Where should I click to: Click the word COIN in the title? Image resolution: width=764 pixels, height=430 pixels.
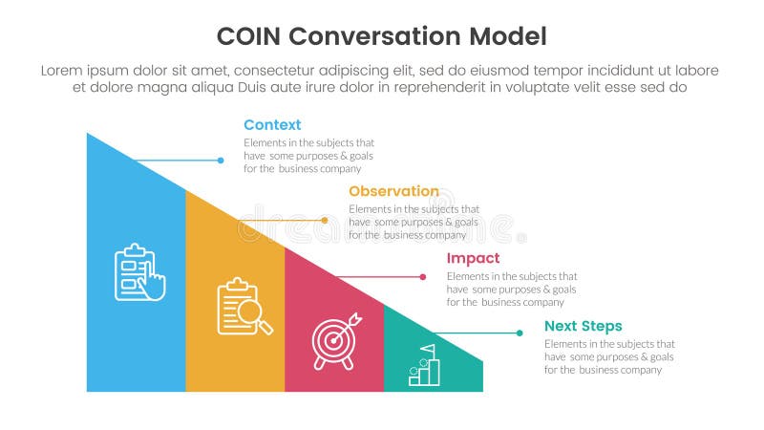(x=249, y=37)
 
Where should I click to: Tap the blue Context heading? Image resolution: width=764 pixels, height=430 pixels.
(x=272, y=125)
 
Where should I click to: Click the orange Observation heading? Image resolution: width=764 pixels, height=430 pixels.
(x=393, y=191)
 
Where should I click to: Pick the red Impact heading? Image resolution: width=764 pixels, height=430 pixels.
(x=473, y=258)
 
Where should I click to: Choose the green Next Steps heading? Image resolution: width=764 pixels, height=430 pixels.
(x=583, y=326)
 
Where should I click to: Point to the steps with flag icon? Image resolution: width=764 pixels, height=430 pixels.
(x=424, y=364)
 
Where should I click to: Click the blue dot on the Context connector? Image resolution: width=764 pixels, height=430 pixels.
(x=221, y=161)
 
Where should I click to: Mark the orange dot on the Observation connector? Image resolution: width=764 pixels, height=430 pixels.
(x=325, y=220)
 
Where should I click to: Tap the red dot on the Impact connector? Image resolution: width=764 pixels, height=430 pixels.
(x=423, y=277)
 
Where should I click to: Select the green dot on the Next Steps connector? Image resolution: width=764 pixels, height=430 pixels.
(x=520, y=333)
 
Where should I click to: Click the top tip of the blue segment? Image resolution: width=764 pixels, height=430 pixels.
(x=88, y=135)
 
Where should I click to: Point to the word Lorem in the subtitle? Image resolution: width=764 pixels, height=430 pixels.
(x=60, y=71)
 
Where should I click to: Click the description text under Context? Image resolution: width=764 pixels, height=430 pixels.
(x=308, y=155)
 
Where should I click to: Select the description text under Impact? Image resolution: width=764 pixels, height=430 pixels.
(x=511, y=289)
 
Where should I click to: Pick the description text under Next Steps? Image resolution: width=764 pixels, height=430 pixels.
(x=609, y=356)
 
